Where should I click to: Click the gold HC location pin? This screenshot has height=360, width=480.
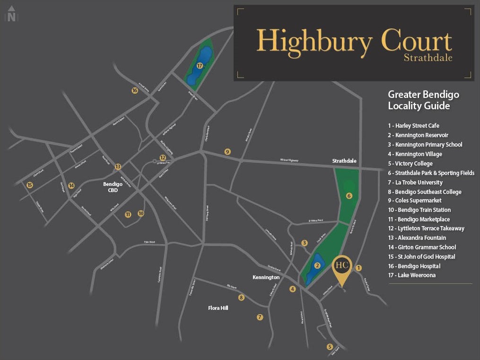342,266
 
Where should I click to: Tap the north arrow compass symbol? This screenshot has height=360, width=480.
11,14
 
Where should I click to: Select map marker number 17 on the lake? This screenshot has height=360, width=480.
200,66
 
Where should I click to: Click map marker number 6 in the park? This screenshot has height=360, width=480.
349,196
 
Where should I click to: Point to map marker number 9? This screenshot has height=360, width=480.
227,152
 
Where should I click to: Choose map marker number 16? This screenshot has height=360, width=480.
135,90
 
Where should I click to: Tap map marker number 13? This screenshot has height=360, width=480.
118,167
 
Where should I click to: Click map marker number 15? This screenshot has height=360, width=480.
30,185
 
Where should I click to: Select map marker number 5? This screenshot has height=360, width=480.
330,347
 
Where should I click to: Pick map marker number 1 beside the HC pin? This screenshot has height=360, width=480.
358,268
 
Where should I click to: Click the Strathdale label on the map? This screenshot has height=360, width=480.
344,161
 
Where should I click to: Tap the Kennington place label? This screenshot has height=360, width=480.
266,277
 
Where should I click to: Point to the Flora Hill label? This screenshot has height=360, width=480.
218,308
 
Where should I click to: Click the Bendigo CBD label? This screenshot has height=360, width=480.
113,187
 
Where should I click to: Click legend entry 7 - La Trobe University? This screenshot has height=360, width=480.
415,182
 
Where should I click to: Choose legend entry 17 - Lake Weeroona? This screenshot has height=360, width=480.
411,275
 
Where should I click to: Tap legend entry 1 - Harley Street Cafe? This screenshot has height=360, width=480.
413,126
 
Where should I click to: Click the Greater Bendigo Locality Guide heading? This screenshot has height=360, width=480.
423,100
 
